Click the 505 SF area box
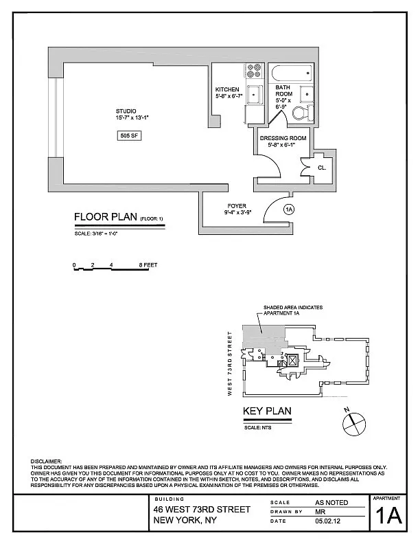pos(129,135)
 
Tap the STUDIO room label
pos(126,111)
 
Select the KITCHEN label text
pos(227,89)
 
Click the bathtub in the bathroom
pos(292,73)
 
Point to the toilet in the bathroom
pos(303,113)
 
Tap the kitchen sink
pos(255,93)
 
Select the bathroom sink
pos(307,94)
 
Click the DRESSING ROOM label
pos(283,138)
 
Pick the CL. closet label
pos(322,168)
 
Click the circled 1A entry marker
pos(289,209)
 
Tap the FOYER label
pos(237,206)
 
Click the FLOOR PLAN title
pos(106,217)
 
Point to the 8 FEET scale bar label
pos(148,265)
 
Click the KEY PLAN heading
pos(267,411)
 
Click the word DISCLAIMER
pos(46,462)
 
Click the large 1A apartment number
pos(389,517)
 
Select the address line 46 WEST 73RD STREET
pos(202,509)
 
